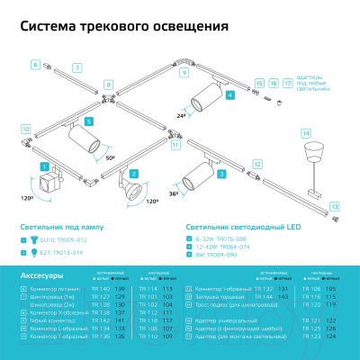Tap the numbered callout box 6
(36, 65)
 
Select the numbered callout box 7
(76, 68)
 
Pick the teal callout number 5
(88, 121)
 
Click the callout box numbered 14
(305, 133)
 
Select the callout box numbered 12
(256, 165)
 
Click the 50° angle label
(110, 157)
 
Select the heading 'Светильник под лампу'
(52, 229)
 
